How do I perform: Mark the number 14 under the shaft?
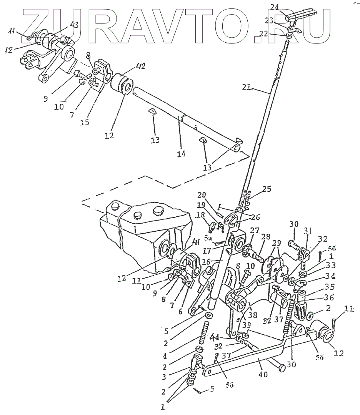click(181, 153)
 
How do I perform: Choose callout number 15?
click(85, 122)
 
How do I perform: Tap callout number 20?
click(203, 194)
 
